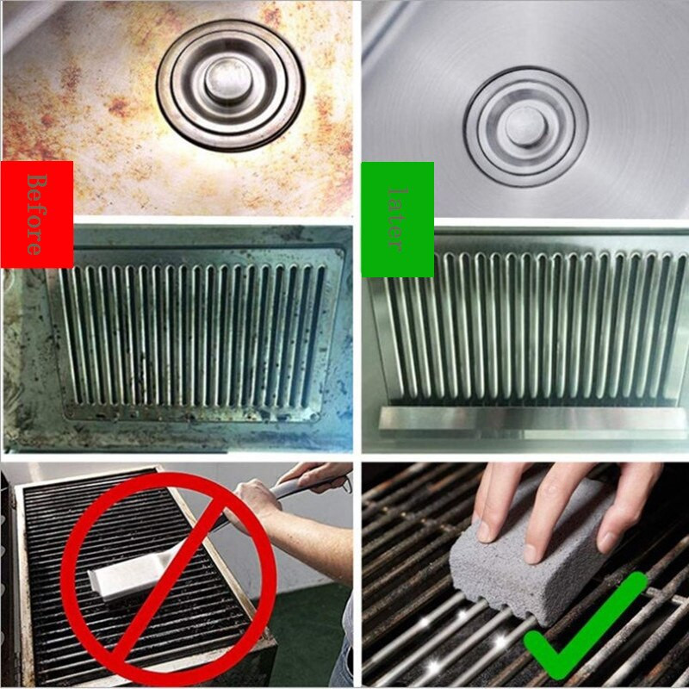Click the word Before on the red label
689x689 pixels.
(x=35, y=214)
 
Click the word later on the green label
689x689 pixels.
(x=395, y=220)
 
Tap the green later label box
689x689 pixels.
(x=396, y=250)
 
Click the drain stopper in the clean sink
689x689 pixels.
(x=525, y=126)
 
